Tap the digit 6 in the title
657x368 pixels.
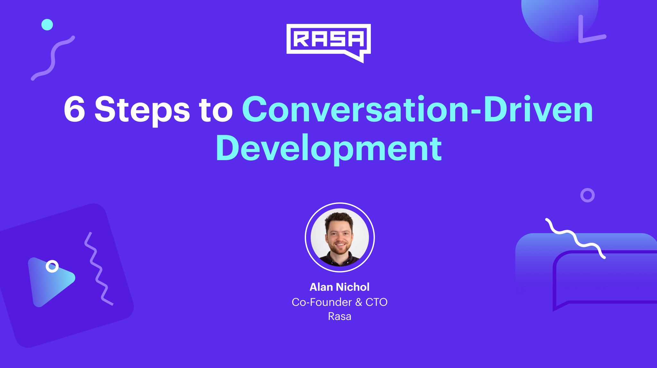(x=75, y=110)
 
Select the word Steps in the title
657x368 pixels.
(x=142, y=111)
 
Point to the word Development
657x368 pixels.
(x=329, y=149)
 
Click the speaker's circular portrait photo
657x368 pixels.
(x=340, y=237)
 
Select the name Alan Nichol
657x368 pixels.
(x=339, y=287)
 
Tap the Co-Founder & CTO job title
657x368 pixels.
(x=339, y=302)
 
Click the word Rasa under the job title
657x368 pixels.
(x=339, y=316)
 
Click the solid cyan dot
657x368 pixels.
(x=47, y=25)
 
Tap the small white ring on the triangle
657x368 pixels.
(x=52, y=266)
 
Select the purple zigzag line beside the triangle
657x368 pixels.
(x=96, y=269)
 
